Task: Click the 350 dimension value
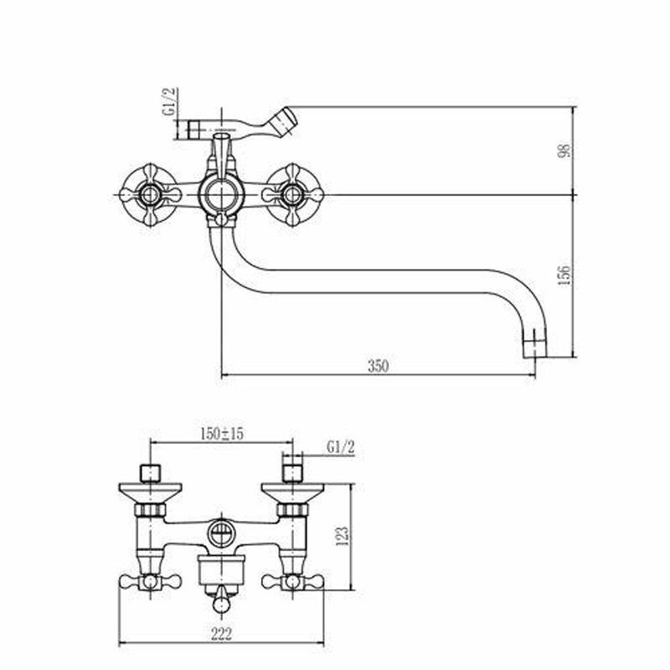tap(379, 366)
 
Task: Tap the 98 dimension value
tap(564, 151)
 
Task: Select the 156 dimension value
tap(564, 276)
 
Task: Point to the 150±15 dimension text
tap(222, 434)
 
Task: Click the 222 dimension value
tap(221, 634)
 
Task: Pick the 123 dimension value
tap(343, 536)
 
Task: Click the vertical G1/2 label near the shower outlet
tap(170, 101)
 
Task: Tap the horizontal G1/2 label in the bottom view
tap(341, 447)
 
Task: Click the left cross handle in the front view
tap(149, 195)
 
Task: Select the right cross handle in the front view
tap(292, 195)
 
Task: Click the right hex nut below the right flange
tap(292, 509)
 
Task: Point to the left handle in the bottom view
tap(150, 581)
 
